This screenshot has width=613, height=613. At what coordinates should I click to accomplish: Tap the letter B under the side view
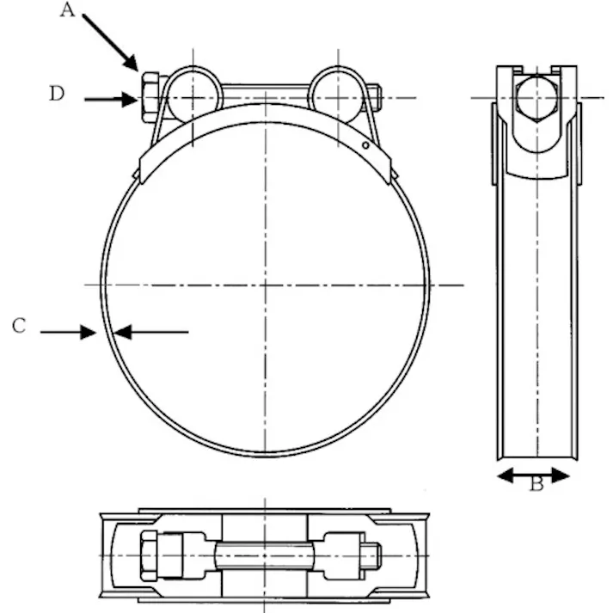pos(536,485)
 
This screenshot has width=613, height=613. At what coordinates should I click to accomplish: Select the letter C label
pos(19,326)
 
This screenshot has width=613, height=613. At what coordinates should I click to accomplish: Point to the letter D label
pos(57,94)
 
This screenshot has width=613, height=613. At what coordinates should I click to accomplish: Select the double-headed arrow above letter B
pos(534,474)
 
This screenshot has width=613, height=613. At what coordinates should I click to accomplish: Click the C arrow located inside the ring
pos(150,332)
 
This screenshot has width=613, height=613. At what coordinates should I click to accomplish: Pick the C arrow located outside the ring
pos(68,332)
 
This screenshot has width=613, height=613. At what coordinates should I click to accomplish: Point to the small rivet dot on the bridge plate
pos(365,145)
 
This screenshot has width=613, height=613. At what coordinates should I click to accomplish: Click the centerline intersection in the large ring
pos(266,285)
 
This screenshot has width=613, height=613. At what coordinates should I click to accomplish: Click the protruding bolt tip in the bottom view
pos(371,556)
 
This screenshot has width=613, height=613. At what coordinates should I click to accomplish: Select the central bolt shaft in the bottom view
pos(266,555)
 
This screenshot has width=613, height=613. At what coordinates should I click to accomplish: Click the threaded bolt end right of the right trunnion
pos(374,96)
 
